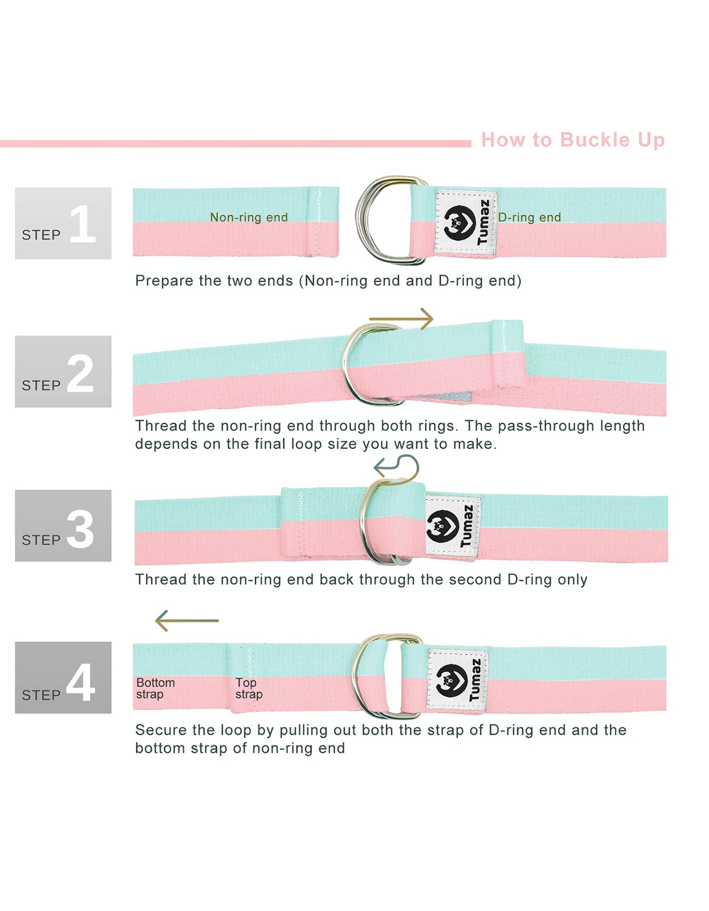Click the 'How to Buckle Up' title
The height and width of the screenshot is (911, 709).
[x=573, y=140]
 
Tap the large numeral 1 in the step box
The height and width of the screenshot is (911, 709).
[x=83, y=224]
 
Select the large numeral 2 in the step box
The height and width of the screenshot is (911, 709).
[x=80, y=374]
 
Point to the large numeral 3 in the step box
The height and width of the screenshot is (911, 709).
[x=80, y=529]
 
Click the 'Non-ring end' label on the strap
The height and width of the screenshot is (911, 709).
[x=249, y=217]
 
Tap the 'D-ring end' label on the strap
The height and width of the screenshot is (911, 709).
[x=530, y=217]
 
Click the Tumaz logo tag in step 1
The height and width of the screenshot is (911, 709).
[x=465, y=222]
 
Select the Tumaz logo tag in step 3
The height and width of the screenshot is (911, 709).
[x=452, y=527]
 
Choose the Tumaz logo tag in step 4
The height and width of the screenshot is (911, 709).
[x=457, y=680]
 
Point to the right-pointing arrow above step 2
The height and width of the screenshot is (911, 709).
[x=401, y=319]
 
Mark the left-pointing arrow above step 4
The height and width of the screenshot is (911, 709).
[x=187, y=620]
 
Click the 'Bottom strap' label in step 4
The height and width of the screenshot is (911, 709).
[x=155, y=688]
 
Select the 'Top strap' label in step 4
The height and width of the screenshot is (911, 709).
[x=249, y=688]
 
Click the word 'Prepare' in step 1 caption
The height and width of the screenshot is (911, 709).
[x=163, y=281]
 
